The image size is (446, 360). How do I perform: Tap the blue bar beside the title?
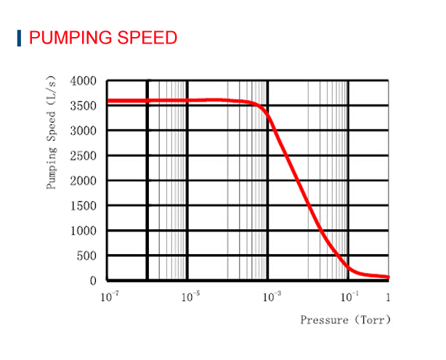(19, 37)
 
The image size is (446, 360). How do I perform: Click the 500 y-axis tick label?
(87, 256)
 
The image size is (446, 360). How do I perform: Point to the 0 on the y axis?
(93, 281)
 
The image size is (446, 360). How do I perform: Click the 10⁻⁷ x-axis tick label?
(110, 297)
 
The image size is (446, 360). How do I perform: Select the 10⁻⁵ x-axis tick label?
(190, 297)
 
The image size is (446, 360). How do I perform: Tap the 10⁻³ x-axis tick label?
(271, 297)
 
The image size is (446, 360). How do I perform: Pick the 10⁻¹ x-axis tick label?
(349, 297)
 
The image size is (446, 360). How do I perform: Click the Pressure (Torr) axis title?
(346, 319)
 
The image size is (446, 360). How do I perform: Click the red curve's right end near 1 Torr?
(387, 277)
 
